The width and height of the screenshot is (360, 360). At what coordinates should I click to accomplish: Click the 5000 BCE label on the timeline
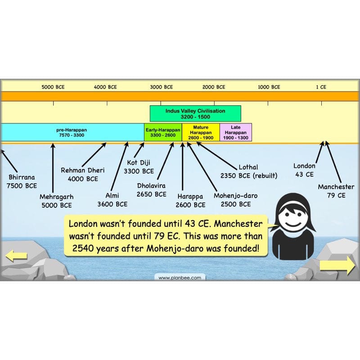pos(54,87)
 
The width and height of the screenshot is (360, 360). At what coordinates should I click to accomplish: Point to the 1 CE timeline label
pos(321,87)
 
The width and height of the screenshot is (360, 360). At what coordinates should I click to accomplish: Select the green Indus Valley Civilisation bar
pos(195,113)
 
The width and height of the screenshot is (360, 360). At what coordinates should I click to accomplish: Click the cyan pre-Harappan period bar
pos(72,132)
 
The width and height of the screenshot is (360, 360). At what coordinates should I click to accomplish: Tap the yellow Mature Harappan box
pos(201,132)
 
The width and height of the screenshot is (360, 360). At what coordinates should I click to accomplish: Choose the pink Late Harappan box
pos(236,132)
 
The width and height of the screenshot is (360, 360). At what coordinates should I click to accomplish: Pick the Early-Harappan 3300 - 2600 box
pos(163,132)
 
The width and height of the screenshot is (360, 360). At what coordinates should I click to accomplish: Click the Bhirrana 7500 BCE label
pos(22,181)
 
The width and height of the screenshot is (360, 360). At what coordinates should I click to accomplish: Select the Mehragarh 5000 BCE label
pos(56,201)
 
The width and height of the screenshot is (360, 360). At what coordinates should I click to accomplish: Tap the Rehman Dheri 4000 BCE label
pos(82,174)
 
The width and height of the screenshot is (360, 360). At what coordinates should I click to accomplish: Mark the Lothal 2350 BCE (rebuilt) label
pos(249,171)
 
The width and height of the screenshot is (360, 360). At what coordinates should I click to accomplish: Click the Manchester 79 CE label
pos(336,191)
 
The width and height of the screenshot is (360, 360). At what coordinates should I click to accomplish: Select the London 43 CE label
pos(304,170)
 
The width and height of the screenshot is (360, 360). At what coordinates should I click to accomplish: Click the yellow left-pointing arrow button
pos(16,257)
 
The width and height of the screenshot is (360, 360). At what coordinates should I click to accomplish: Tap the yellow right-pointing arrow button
pos(337,265)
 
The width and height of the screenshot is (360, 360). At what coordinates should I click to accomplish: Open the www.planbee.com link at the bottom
pos(180,278)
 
